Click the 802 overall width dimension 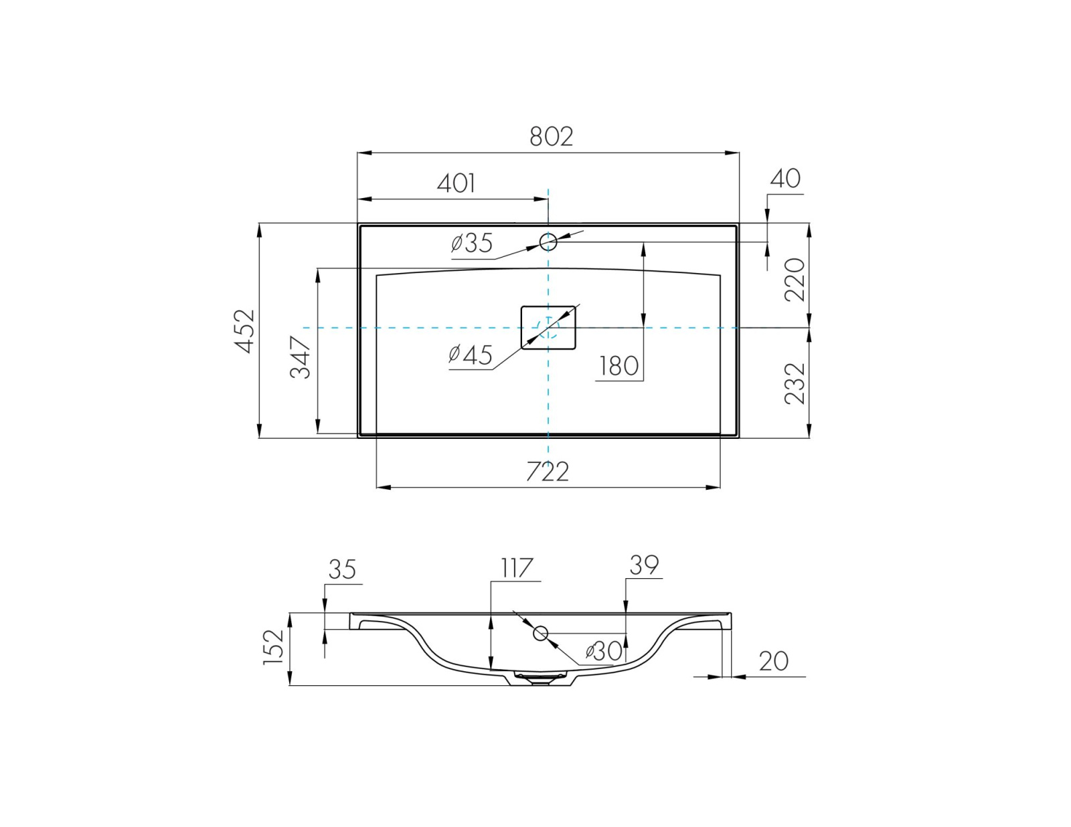[552, 136]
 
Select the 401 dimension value [457, 183]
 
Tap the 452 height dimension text [245, 331]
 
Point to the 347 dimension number [300, 357]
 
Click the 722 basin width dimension [548, 471]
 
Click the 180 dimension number [619, 366]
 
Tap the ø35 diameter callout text [472, 243]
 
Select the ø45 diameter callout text [470, 354]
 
